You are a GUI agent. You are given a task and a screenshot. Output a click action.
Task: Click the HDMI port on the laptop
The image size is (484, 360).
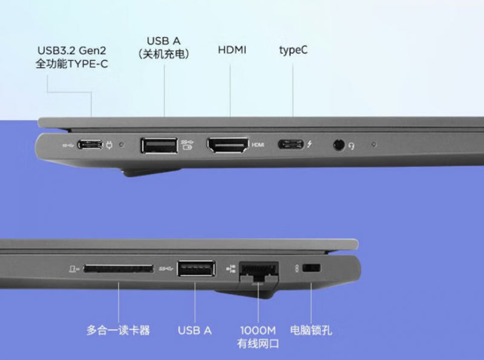[x=228, y=145]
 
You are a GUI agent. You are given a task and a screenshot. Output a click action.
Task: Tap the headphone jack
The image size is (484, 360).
[x=339, y=145]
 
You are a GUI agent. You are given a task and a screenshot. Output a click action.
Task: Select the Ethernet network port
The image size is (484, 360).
[x=259, y=271]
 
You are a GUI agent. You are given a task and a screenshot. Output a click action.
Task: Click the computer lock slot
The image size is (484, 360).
[x=312, y=267]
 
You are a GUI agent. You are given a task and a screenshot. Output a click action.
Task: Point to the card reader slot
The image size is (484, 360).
[x=118, y=268]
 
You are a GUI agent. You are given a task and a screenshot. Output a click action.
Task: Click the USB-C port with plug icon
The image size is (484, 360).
[x=90, y=145]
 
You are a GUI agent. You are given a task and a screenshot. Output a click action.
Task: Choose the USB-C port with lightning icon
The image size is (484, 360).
[x=291, y=144]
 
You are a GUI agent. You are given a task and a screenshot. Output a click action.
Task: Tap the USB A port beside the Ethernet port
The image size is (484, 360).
[x=196, y=268]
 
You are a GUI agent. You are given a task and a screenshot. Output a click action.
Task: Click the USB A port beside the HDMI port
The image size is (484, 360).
[x=159, y=145]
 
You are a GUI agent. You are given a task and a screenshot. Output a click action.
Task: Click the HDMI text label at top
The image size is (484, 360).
[x=232, y=50]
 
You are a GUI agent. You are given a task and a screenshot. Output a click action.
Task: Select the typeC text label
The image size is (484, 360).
[x=293, y=50]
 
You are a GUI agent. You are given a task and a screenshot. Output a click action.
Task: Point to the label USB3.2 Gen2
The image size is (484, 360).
[x=71, y=50]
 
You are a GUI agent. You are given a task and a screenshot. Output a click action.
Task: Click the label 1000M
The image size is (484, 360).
[x=258, y=330]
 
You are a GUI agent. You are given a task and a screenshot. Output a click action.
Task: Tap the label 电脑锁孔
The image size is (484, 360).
[x=311, y=330]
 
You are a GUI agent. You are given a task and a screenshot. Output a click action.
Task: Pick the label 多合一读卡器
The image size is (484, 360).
[x=118, y=330]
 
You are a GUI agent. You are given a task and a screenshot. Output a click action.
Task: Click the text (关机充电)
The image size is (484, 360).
[x=163, y=54]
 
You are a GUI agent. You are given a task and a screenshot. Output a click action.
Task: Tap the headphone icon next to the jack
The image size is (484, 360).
[x=352, y=146]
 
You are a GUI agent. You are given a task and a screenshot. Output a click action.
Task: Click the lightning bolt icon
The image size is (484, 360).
[x=309, y=144]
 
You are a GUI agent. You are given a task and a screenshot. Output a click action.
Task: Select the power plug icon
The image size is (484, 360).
[x=110, y=145]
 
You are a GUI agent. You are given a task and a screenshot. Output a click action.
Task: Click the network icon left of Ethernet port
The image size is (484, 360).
[x=231, y=268]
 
